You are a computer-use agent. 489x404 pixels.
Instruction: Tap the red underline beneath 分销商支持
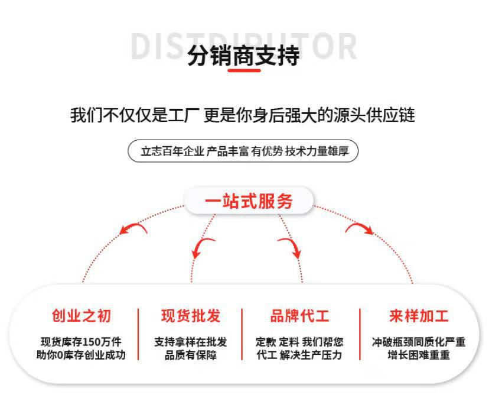tap(244, 71)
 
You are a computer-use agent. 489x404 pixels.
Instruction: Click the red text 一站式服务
tap(249, 201)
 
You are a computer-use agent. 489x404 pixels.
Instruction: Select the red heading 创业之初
tap(81, 316)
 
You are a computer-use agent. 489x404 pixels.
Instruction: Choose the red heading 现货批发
tap(190, 316)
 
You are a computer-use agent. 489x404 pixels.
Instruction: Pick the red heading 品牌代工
tap(300, 316)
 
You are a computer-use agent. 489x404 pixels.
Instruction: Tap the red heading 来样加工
tap(419, 316)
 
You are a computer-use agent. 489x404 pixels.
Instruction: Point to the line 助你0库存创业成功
tap(81, 355)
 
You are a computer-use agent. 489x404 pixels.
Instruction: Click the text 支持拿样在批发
tap(190, 342)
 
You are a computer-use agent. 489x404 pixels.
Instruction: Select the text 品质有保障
tap(190, 355)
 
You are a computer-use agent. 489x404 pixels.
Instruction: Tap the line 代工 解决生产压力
tap(299, 355)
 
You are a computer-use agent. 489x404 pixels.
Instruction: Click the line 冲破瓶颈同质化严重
tap(419, 342)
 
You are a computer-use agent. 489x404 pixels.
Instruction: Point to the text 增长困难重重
tap(419, 355)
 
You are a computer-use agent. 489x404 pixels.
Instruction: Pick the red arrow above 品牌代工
tap(289, 246)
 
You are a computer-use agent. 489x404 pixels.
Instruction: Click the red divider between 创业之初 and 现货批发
tap(138, 334)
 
